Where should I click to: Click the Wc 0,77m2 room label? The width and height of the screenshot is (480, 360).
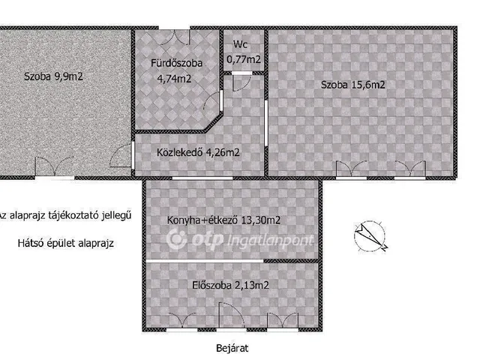pos(244,52)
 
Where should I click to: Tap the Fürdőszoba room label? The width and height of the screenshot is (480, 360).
pos(177,63)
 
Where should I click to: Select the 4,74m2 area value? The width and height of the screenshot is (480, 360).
pos(174,79)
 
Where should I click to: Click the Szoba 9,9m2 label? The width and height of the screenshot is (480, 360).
pos(53,76)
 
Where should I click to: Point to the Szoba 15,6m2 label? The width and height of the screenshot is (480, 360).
pos(352,85)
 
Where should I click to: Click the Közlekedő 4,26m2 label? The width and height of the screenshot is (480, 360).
pos(198,152)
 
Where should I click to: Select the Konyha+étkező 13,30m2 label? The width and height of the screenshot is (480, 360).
pos(223,220)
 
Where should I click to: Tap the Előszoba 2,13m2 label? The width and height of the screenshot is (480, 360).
pos(230,285)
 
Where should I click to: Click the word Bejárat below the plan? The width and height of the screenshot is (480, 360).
pos(232,348)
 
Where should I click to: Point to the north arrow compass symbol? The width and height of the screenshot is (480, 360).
pos(370,236)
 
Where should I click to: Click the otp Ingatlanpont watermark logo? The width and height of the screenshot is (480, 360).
pos(240,240)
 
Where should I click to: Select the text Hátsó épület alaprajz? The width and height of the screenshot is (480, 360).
pos(65,243)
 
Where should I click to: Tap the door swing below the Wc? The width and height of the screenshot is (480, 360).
pos(241,82)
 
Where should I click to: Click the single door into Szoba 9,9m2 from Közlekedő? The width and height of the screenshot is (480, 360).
pos(121,154)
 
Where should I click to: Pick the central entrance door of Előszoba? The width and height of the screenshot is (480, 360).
pos(231,315)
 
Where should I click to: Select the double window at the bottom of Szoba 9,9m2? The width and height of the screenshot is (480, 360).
pos(55,166)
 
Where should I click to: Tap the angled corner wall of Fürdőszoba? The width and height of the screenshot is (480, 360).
pos(214,122)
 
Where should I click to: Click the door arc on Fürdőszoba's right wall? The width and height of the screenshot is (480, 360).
pos(211,101)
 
